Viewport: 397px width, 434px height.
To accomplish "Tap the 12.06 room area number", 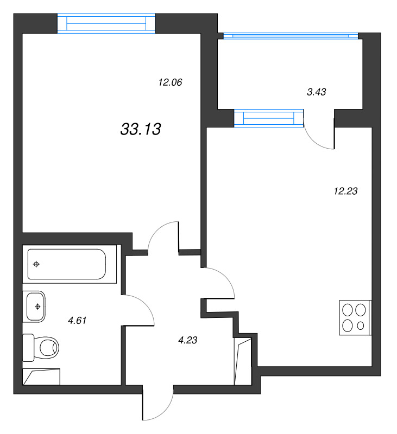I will click(x=169, y=83).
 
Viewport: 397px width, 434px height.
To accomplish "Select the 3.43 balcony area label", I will click(x=316, y=92).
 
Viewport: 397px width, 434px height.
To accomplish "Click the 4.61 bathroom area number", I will click(x=77, y=321).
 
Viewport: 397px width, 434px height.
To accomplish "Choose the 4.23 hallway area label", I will click(x=187, y=341).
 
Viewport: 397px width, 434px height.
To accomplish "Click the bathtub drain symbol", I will click(x=36, y=264).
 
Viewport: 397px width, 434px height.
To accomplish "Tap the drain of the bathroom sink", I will click(x=37, y=307).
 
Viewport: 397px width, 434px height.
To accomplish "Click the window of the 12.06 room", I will click(x=106, y=24).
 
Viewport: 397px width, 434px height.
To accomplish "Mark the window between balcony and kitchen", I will click(x=269, y=118).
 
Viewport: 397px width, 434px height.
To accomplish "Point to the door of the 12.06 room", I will click(x=163, y=236).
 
